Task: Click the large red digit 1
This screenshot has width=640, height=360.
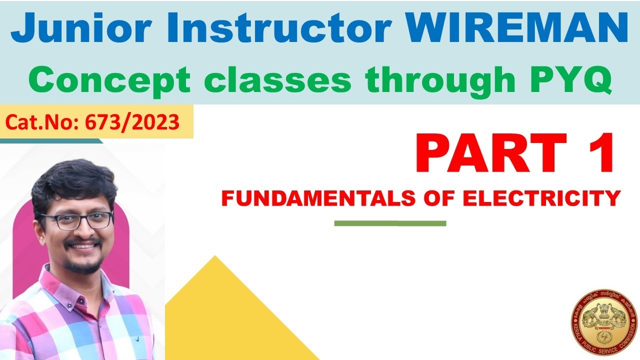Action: [x=600, y=152]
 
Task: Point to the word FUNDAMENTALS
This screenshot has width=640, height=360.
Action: [x=318, y=198]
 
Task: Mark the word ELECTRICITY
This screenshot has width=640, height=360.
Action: [x=541, y=198]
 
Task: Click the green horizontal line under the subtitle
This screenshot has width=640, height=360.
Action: [x=390, y=223]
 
